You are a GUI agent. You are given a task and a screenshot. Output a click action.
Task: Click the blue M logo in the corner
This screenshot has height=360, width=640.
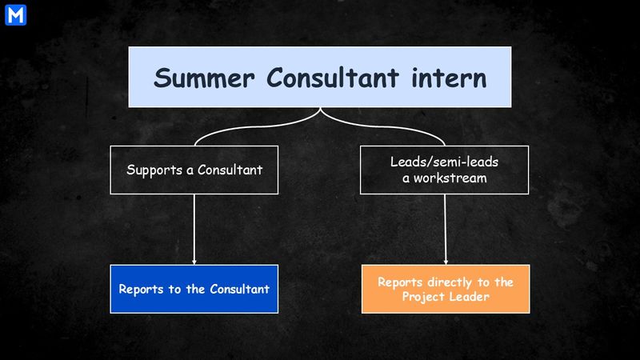[14, 14]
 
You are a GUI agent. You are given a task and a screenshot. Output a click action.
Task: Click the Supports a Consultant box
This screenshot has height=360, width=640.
[194, 170]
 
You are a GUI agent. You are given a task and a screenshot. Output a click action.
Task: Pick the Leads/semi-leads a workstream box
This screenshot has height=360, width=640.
[445, 170]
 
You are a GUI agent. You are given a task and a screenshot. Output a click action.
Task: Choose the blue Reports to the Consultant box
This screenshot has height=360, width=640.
[194, 288]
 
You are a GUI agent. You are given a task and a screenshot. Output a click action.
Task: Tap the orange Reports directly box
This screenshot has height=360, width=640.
[445, 288]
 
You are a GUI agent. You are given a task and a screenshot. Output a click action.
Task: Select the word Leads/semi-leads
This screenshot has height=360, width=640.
[445, 162]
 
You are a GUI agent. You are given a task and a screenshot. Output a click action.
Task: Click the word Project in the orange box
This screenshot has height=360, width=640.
[424, 297]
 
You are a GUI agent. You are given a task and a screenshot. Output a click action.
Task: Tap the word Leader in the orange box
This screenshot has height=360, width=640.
[469, 297]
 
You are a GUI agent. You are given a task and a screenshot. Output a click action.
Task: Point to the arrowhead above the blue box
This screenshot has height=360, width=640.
[194, 262]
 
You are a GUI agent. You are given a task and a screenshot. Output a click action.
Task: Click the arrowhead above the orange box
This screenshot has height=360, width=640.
[445, 262]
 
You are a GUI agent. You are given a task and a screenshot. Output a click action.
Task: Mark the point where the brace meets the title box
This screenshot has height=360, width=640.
[320, 109]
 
